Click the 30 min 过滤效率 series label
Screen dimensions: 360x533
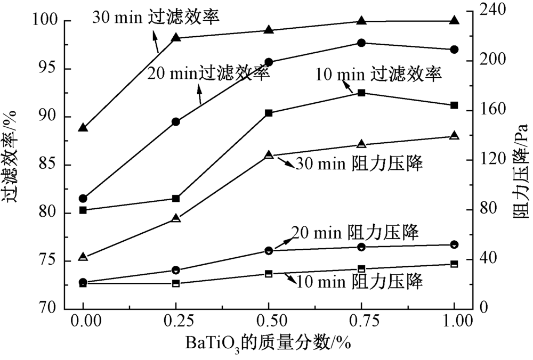click(x=156, y=17)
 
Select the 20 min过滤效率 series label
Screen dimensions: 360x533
click(x=208, y=73)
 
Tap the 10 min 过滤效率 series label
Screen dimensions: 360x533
click(x=378, y=74)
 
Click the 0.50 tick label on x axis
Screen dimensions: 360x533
click(x=269, y=321)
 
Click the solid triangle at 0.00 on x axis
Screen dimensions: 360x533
click(x=83, y=128)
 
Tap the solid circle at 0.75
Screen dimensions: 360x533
click(x=361, y=43)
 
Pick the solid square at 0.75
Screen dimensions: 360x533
click(x=361, y=93)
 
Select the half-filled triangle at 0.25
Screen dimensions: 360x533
click(x=176, y=218)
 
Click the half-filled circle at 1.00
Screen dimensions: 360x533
click(x=454, y=244)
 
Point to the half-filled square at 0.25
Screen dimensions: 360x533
click(x=176, y=283)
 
